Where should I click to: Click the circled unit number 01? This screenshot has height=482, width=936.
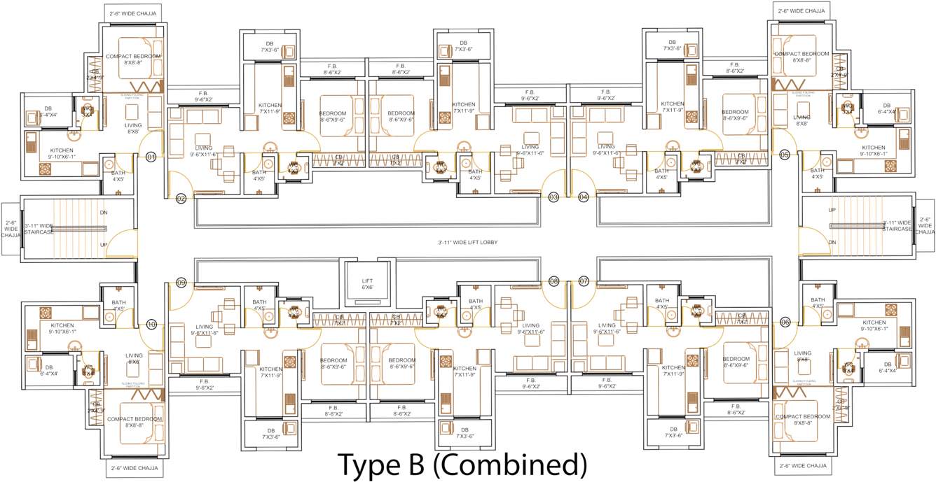coord(151,157)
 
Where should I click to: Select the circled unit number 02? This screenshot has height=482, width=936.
coord(181,199)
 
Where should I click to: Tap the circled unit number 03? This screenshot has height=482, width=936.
coord(553,197)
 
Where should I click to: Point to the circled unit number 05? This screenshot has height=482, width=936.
coord(784,154)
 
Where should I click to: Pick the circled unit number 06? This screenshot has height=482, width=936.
coord(784,322)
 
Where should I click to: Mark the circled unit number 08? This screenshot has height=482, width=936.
coord(553,281)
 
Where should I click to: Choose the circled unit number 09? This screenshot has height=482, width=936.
coord(181,283)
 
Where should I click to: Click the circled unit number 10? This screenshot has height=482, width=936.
coord(151,325)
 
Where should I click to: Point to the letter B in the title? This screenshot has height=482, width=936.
coord(422,465)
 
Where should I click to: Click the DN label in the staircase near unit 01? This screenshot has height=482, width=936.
coord(104,213)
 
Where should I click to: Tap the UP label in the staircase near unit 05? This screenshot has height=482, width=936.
coord(832,210)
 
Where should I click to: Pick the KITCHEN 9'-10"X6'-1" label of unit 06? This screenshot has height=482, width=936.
coord(873,325)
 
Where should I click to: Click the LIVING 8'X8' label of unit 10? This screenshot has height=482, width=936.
coord(134,359)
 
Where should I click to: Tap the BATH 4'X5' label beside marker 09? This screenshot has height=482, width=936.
coord(259,305)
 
